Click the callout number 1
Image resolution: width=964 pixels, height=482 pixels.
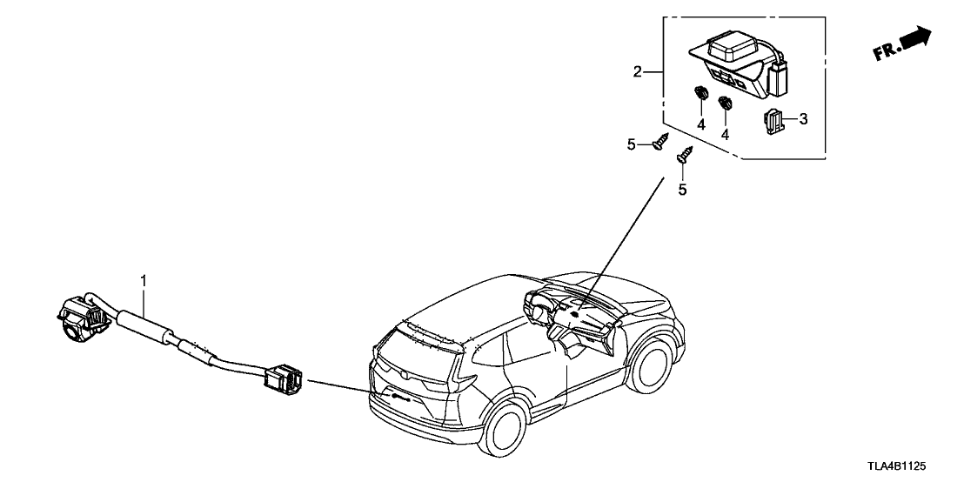[144, 280]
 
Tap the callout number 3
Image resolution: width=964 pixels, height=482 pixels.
[803, 119]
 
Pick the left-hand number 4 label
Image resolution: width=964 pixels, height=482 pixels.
[701, 124]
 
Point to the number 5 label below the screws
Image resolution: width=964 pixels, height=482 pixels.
[682, 189]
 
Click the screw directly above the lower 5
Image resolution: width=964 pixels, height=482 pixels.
[684, 155]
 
